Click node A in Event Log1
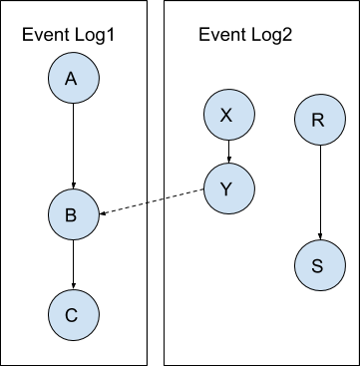74,78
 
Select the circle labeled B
74,214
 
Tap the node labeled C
74,315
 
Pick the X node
229,115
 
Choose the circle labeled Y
229,188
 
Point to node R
320,120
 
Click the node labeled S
320,265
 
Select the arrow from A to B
74,146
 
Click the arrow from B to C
74,264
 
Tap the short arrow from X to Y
229,152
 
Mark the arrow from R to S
320,192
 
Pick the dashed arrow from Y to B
152,201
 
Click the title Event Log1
68,34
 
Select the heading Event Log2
245,34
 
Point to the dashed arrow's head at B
102,213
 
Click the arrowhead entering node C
74,286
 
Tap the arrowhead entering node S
320,236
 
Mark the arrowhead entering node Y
229,161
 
